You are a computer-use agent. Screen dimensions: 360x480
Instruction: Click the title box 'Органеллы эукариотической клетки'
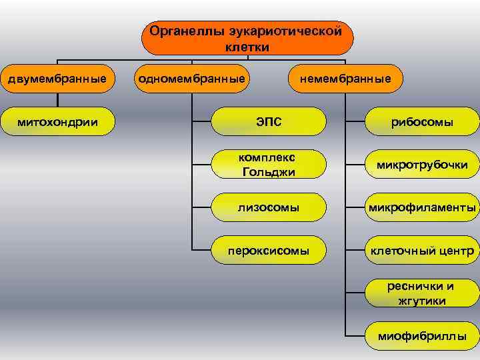point(247,38)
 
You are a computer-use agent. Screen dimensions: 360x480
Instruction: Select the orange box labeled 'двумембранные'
point(57,79)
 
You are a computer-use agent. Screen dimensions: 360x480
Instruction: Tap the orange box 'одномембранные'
point(191,79)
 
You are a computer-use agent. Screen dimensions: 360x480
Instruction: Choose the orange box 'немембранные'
point(345,79)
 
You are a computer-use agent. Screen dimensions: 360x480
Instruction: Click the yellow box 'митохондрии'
point(57,122)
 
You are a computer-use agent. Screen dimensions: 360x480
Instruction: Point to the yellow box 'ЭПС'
point(269,122)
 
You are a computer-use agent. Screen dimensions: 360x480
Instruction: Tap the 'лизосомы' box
point(269,208)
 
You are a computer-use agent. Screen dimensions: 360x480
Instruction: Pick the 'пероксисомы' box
point(269,251)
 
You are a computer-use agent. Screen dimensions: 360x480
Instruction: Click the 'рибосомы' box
point(423,122)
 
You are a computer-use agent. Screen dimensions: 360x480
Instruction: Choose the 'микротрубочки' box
point(423,165)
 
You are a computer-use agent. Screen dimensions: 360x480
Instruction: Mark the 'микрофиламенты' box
point(423,208)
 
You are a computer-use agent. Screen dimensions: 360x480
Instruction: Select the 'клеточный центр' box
point(423,251)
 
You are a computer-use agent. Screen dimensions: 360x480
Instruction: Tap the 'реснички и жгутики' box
point(423,294)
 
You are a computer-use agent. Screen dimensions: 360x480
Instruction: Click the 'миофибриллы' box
point(423,336)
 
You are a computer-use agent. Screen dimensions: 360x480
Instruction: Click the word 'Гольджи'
point(269,172)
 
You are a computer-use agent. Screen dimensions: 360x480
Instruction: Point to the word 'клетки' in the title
point(247,47)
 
